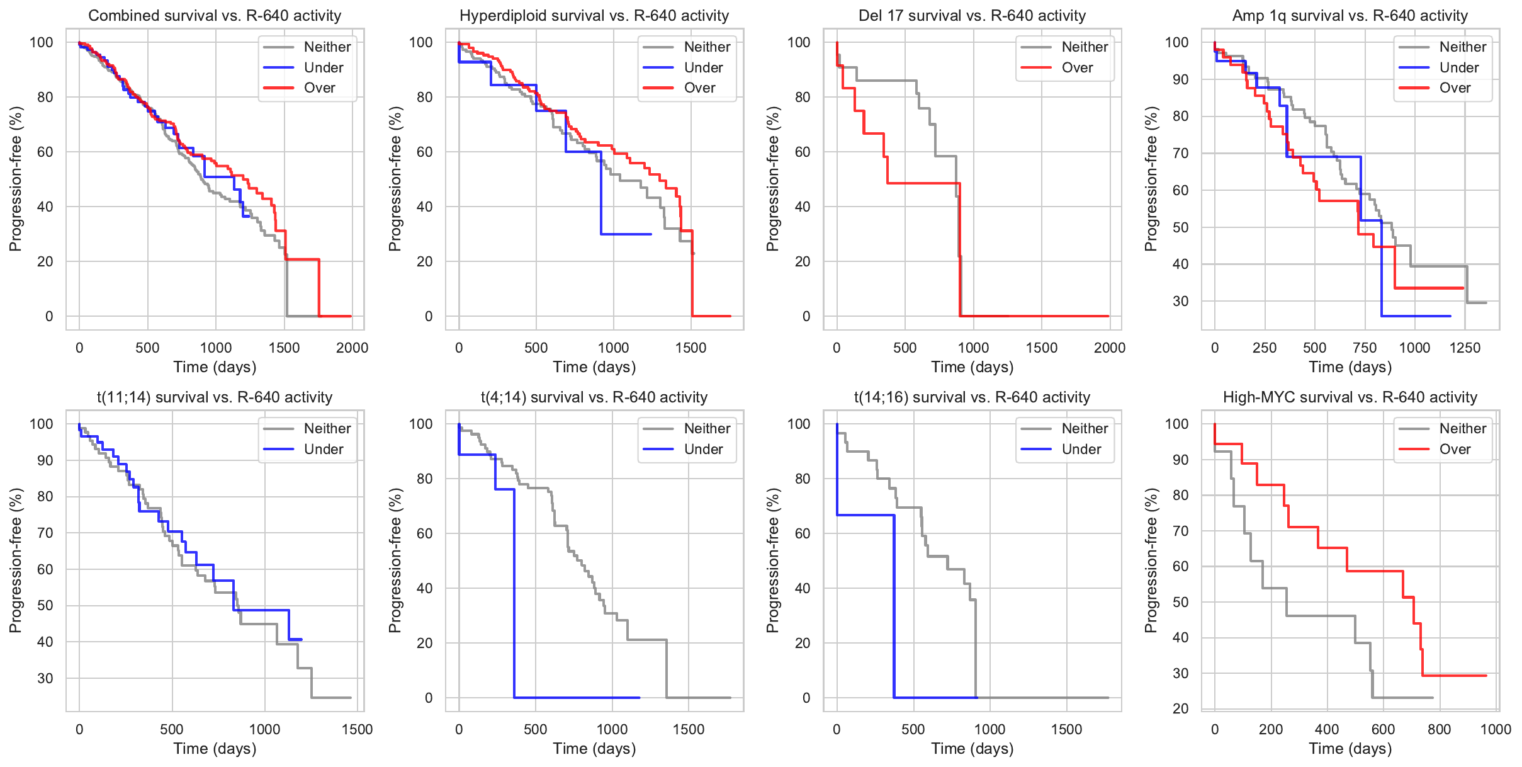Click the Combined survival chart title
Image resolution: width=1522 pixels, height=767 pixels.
tap(215, 16)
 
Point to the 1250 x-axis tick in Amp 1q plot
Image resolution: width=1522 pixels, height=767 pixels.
tap(1465, 348)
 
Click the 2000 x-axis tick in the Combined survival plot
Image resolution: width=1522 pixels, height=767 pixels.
tap(352, 348)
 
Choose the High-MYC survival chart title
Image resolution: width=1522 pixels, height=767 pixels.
tap(1350, 397)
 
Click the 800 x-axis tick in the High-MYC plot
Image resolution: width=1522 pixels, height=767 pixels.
tap(1439, 729)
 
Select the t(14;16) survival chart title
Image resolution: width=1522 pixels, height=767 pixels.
tap(972, 397)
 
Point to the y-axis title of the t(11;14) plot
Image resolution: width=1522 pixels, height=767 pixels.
tap(16, 560)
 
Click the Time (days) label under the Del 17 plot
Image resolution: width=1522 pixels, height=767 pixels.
tap(972, 367)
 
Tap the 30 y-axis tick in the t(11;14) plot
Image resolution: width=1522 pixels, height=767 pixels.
tap(45, 678)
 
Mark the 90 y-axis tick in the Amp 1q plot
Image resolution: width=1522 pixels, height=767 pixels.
tap(1180, 79)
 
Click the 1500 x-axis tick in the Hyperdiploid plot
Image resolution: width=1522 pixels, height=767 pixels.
tap(691, 348)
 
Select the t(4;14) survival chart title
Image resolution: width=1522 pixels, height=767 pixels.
tap(594, 397)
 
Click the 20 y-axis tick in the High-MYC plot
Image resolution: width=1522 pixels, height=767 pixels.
tap(1180, 708)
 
